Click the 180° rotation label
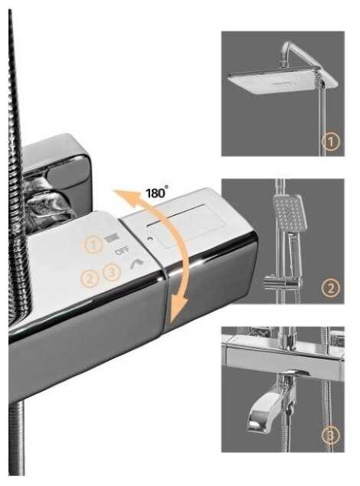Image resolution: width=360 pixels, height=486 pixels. pos(157,192)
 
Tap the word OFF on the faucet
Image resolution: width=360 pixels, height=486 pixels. pos(122,251)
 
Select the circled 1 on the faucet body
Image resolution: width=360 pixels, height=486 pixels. pos(93,245)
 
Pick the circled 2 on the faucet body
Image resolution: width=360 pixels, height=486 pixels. pos(90,279)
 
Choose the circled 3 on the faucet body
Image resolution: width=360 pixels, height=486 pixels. pos(112,272)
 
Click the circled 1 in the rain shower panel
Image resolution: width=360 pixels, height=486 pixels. pos(331,142)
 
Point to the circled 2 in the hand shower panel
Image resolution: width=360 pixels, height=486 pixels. pos(331,289)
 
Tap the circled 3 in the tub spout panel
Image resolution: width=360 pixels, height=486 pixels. pos(331,435)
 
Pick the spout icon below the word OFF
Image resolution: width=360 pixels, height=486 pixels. pos(137,263)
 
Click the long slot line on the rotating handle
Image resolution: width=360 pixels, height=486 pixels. pos(176,214)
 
